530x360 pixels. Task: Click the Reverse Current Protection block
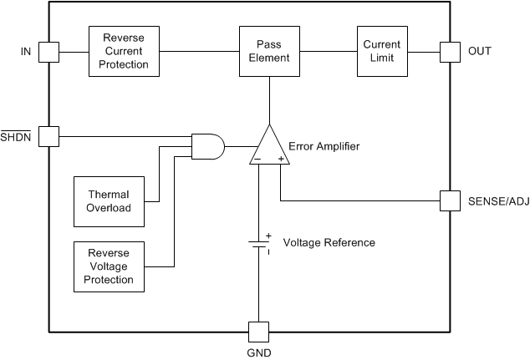point(125,51)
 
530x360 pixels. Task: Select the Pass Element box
point(269,51)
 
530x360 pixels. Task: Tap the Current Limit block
point(381,51)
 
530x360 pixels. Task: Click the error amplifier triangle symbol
point(268,148)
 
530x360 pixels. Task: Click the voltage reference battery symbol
point(258,243)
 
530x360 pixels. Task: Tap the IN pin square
point(49,52)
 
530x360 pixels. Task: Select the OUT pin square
point(451,52)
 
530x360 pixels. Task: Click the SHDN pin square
point(49,135)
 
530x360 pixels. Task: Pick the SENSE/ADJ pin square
point(451,200)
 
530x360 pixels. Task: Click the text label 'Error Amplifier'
point(324,146)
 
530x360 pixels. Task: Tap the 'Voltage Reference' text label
point(329,243)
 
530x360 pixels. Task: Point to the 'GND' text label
point(258,352)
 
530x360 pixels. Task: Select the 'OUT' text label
point(480,52)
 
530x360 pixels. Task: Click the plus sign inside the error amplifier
point(280,157)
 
